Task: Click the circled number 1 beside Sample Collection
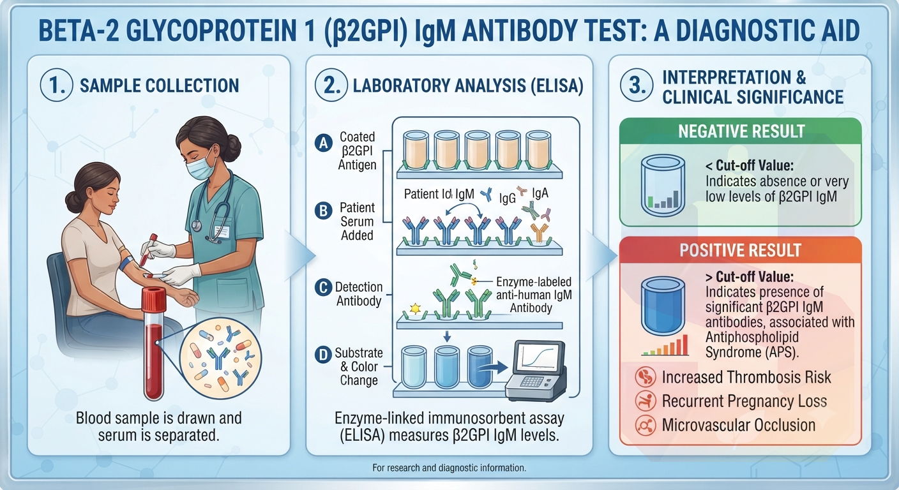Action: (57, 85)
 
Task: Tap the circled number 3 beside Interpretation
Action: (637, 85)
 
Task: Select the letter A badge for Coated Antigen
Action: (324, 143)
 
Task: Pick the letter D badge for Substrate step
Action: (323, 355)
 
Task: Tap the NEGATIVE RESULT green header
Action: (741, 131)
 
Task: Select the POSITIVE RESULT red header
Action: (741, 250)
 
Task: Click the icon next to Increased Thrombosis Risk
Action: (646, 377)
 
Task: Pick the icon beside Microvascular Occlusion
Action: (646, 425)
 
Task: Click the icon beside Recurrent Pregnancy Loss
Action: (646, 401)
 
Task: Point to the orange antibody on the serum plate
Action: (539, 234)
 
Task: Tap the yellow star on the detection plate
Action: (415, 309)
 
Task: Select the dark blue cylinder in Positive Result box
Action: (663, 306)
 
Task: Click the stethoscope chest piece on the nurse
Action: (196, 225)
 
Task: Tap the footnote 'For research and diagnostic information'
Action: (449, 468)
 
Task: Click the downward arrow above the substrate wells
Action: (447, 336)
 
